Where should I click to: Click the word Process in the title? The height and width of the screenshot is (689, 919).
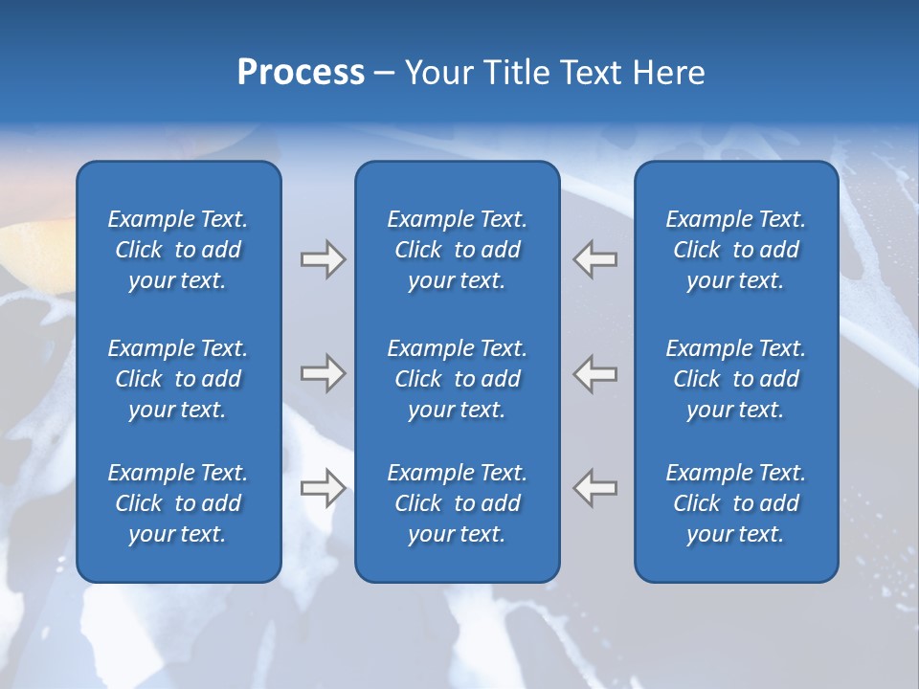point(301,73)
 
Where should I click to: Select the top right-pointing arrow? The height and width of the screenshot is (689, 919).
point(323,259)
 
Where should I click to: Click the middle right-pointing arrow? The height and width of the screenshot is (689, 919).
point(323,373)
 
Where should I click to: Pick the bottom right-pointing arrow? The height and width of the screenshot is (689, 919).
point(323,488)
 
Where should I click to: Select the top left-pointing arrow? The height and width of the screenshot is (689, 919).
point(595,259)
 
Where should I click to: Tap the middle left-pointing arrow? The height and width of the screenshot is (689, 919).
point(595,373)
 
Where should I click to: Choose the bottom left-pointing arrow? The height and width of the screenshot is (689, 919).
point(595,488)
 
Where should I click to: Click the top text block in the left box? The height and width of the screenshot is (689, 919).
point(178,250)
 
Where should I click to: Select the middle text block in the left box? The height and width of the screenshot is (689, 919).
point(178,379)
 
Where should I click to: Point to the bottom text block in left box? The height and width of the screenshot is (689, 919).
point(178,503)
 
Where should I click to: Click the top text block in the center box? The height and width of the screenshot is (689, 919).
point(457,250)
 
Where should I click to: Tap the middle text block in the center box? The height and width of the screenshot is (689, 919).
point(457,379)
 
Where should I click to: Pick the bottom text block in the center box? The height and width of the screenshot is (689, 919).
point(457,503)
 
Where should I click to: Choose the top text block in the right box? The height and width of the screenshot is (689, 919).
point(735,250)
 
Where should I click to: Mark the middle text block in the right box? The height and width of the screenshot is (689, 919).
point(735,379)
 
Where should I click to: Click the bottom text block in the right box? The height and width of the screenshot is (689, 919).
point(735,503)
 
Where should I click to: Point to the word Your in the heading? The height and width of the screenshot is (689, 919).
point(437,73)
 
